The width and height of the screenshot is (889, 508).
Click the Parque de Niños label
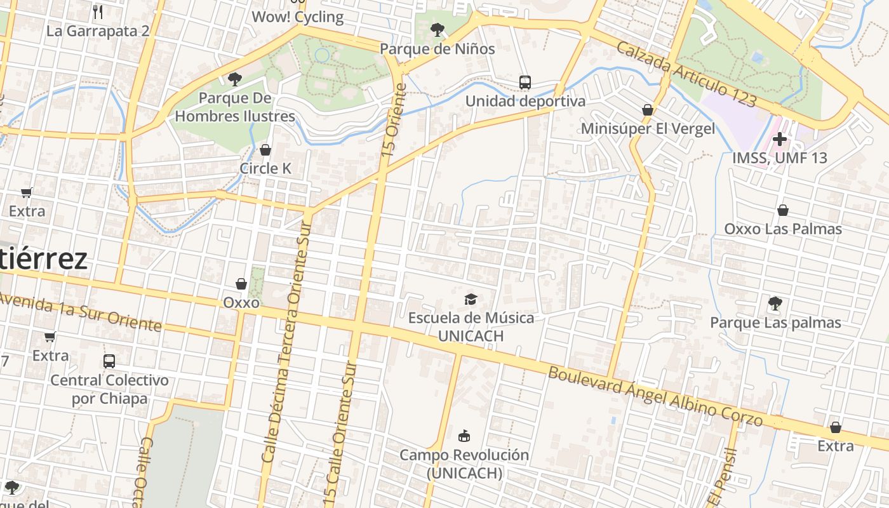[437, 48]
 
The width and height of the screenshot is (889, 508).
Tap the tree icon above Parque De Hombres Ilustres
[235, 79]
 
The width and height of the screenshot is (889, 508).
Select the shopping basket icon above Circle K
[265, 150]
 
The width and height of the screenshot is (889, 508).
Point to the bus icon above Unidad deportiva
[525, 82]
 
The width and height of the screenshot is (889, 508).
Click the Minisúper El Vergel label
[648, 129]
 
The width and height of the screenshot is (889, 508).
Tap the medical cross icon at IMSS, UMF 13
[780, 139]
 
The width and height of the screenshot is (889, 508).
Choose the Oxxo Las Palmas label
[783, 229]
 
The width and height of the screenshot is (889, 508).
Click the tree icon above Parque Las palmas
[775, 303]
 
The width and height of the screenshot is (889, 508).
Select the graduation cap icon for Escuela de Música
[471, 299]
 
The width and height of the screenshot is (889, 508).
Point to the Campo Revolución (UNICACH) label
[464, 464]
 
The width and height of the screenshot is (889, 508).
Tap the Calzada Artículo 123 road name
[686, 74]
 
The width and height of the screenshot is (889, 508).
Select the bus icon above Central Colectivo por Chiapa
[109, 361]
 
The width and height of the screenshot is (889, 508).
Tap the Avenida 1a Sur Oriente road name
[81, 312]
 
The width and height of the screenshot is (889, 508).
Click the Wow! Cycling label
[298, 17]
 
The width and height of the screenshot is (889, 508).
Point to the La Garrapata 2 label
[98, 31]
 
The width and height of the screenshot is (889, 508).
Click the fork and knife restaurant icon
[98, 11]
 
